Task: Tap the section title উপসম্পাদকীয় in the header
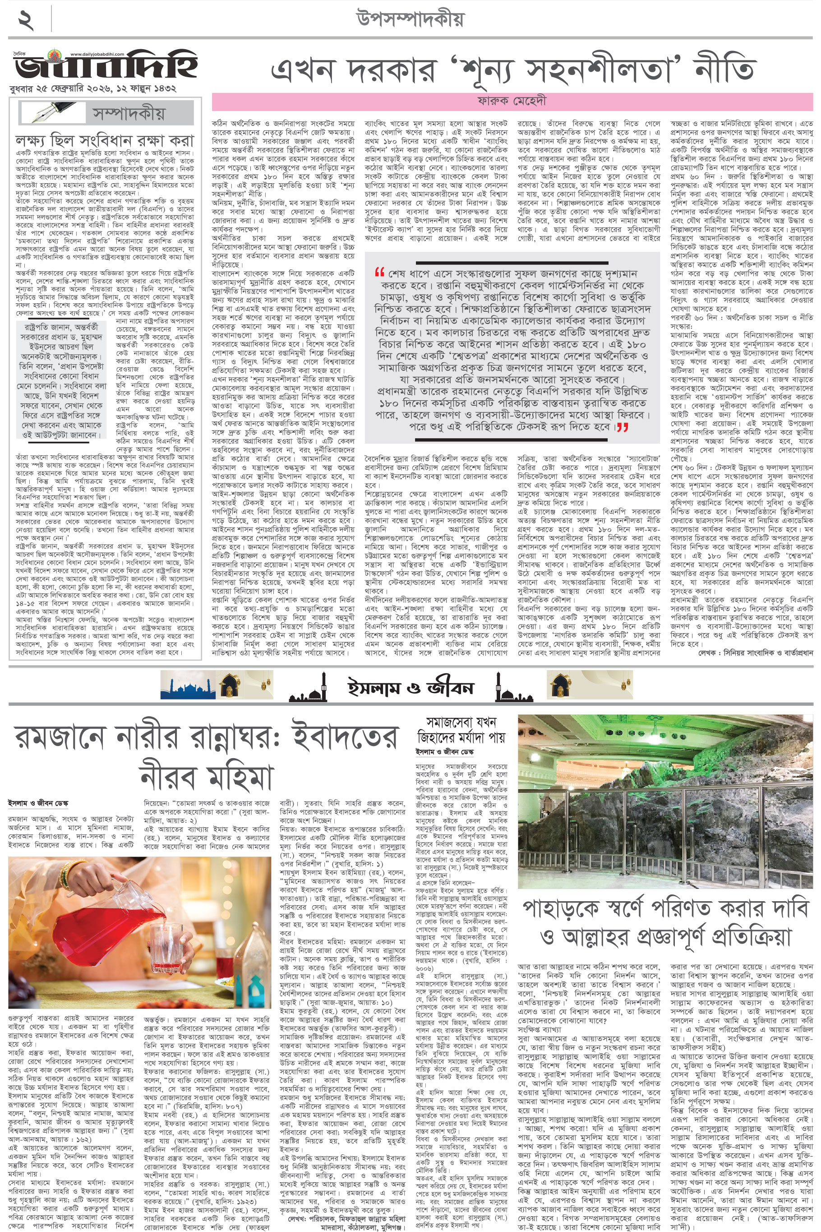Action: [x=410, y=19]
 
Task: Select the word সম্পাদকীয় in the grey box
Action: [x=128, y=113]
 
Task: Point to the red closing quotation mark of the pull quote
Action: [x=622, y=427]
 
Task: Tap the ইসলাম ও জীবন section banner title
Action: [x=410, y=687]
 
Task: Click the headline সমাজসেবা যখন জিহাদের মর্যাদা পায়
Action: [x=460, y=730]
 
